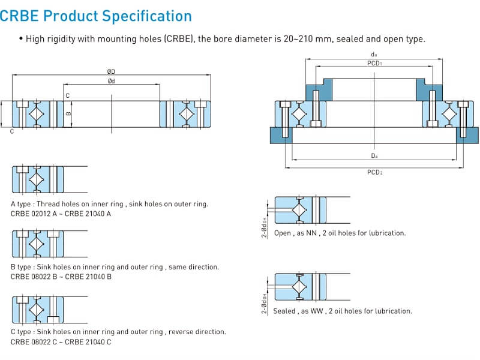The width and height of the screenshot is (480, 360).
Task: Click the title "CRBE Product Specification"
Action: coord(96,16)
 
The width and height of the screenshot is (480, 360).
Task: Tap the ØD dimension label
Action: coord(112,72)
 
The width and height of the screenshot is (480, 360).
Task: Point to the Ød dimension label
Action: coord(112,81)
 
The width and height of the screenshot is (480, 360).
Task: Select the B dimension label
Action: coord(68,112)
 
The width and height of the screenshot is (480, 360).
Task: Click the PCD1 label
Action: coord(374,64)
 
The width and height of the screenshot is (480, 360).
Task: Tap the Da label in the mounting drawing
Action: coord(374,156)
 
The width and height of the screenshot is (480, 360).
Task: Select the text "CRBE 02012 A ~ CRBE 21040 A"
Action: coord(61,214)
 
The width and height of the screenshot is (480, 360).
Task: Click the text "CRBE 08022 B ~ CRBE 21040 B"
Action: coord(61,277)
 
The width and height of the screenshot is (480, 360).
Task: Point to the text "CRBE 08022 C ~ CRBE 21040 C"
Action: coord(61,341)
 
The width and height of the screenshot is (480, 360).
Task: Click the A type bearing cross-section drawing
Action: coord(37,179)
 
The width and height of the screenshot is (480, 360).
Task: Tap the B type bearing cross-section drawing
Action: coord(37,243)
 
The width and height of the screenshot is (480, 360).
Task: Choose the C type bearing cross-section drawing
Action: coord(37,309)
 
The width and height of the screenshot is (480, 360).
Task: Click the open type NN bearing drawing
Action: coord(300,210)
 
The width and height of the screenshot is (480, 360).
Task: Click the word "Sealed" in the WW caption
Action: coord(284,311)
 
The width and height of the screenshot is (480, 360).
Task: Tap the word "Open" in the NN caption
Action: coord(282,233)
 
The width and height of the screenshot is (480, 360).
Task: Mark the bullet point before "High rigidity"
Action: coord(21,40)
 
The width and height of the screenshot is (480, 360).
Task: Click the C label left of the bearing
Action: coord(11,131)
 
